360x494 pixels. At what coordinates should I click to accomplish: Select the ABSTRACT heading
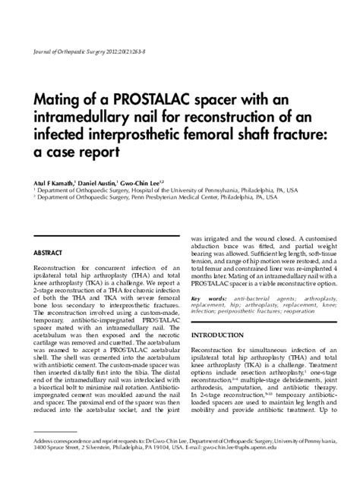48,251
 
